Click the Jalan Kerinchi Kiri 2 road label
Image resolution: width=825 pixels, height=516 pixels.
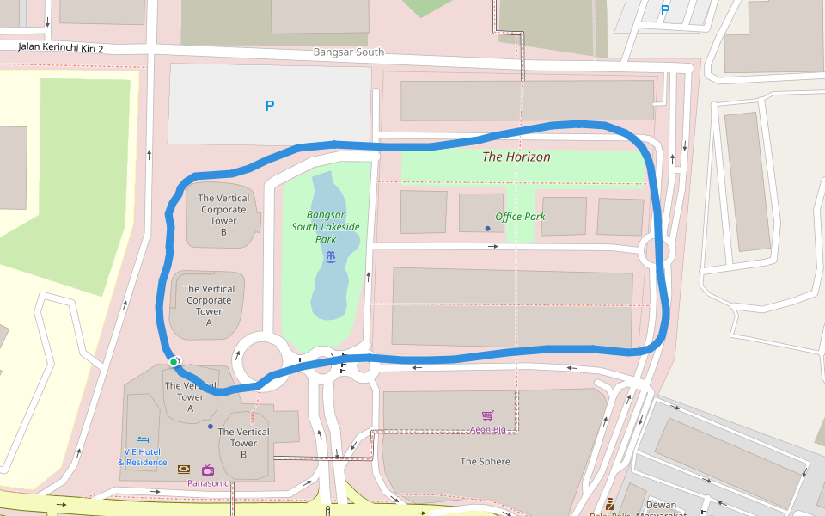pyautogui.click(x=61, y=49)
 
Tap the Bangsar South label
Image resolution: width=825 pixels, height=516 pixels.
pyautogui.click(x=348, y=52)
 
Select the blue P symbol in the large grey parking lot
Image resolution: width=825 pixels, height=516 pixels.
pyautogui.click(x=270, y=106)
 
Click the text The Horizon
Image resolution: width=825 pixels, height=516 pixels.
pyautogui.click(x=516, y=157)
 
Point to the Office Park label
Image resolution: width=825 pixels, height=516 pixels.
pyautogui.click(x=520, y=217)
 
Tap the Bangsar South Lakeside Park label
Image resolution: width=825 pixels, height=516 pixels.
pyautogui.click(x=326, y=227)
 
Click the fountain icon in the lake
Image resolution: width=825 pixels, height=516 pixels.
pyautogui.click(x=330, y=256)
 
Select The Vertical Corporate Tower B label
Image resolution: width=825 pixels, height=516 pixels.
pyautogui.click(x=223, y=215)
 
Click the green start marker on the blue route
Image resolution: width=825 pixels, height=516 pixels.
pyautogui.click(x=174, y=362)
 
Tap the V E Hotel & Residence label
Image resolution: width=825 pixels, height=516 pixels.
pyautogui.click(x=142, y=457)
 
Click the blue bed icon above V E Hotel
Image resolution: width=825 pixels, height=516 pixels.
pyautogui.click(x=143, y=439)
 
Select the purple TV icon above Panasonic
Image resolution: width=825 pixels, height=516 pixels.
pyautogui.click(x=208, y=470)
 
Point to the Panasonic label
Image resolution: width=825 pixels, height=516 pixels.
pyautogui.click(x=208, y=483)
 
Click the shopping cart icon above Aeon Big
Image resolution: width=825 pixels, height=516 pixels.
pyautogui.click(x=487, y=415)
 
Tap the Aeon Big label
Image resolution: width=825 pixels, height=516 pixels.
pyautogui.click(x=487, y=428)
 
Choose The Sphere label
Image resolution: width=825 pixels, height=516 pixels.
pyautogui.click(x=485, y=462)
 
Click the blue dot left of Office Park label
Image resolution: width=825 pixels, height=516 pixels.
pyautogui.click(x=487, y=228)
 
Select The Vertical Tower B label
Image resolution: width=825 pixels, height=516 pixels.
pyautogui.click(x=243, y=443)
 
